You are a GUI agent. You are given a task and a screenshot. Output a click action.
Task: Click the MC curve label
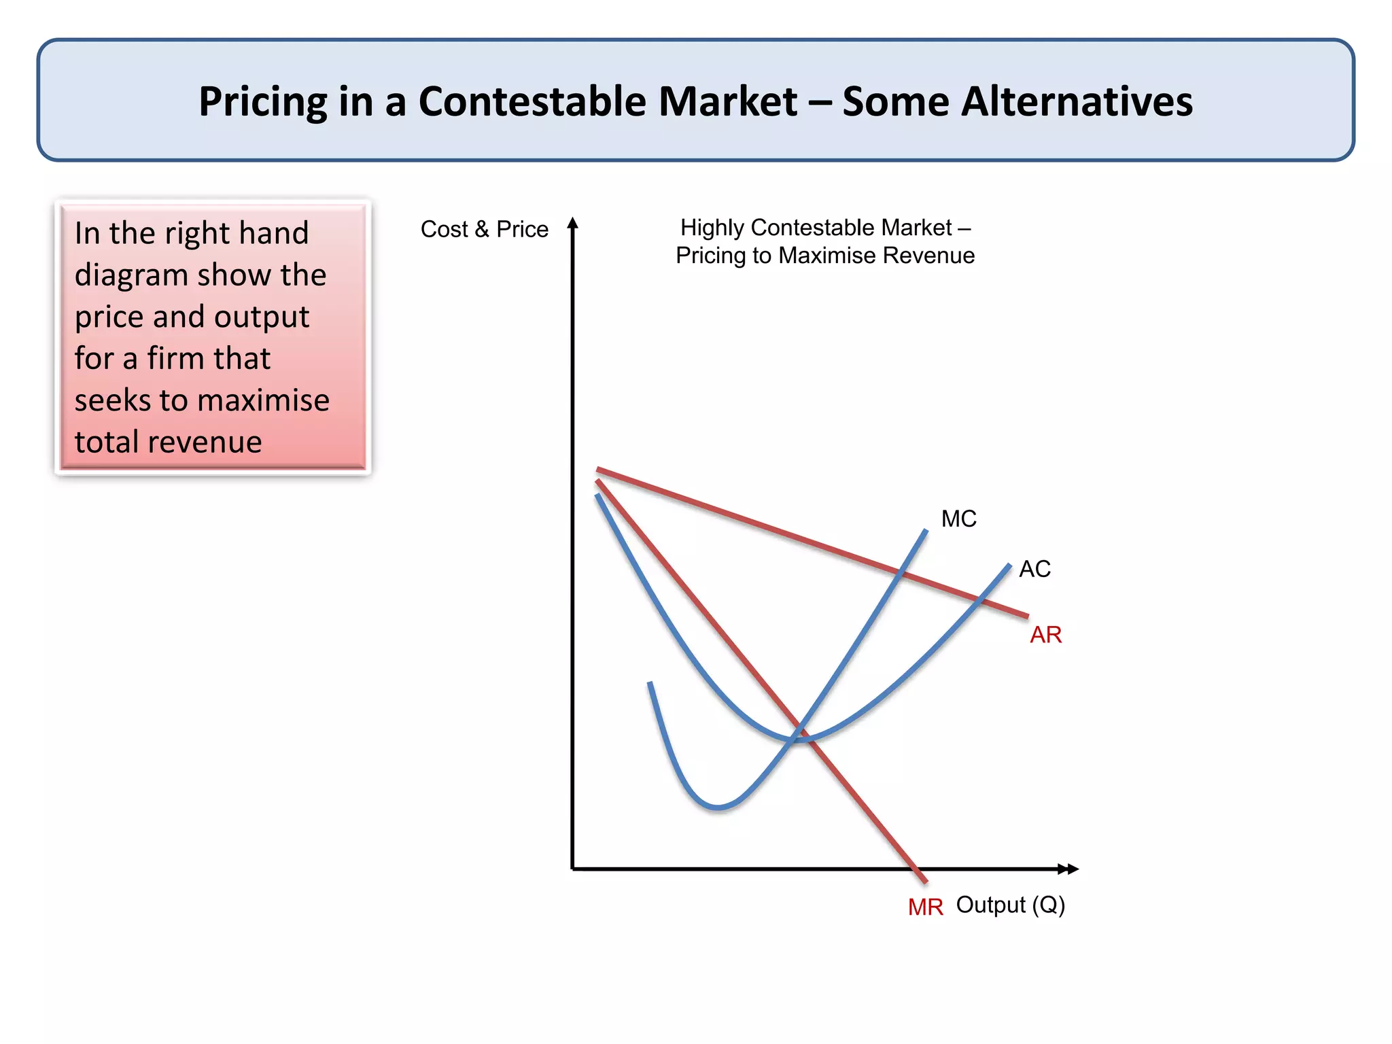click(x=958, y=519)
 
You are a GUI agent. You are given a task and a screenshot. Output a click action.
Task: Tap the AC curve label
click(x=1034, y=569)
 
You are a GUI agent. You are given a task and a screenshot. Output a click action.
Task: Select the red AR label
click(x=1045, y=635)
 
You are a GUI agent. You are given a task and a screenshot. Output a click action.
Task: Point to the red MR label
click(x=925, y=907)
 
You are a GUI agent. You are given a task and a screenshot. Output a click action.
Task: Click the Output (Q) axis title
click(x=1010, y=905)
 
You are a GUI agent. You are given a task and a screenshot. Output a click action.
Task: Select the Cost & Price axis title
click(x=484, y=229)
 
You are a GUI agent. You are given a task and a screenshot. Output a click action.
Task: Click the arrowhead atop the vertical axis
click(x=573, y=223)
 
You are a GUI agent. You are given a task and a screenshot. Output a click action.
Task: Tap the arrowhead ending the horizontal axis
click(x=1071, y=869)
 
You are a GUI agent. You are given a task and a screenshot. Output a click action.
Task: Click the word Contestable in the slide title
click(x=608, y=102)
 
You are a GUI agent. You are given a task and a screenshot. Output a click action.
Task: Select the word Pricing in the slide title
click(x=263, y=102)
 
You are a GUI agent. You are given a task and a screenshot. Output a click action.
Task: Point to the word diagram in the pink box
click(x=131, y=275)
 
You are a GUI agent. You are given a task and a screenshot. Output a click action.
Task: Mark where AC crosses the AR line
click(x=980, y=599)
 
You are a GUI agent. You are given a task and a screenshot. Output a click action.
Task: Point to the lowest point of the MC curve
click(x=718, y=807)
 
